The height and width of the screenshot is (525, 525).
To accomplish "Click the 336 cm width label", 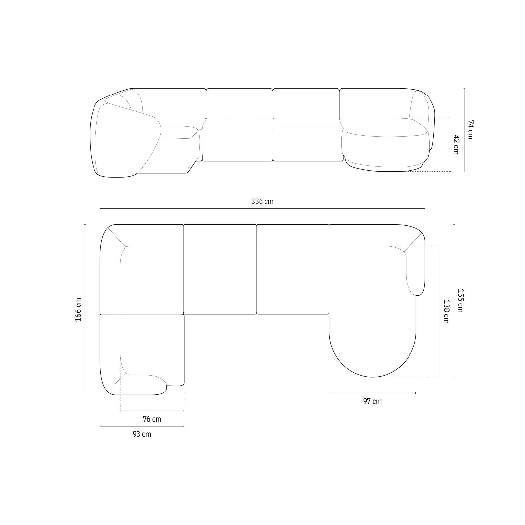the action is click(x=262, y=201).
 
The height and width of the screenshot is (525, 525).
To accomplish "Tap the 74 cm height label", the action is click(x=470, y=130).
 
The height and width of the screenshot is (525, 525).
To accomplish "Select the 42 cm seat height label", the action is click(x=456, y=144).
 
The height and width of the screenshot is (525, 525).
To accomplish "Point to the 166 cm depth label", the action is click(x=78, y=309).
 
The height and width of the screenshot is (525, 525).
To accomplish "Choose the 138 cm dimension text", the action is click(x=446, y=311).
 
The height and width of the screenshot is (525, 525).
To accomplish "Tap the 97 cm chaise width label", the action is click(x=372, y=401).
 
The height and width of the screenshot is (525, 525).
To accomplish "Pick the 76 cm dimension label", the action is click(x=152, y=419).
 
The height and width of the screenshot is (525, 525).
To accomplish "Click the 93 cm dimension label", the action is click(x=142, y=434).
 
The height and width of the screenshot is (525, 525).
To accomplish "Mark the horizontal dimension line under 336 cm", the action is click(x=262, y=209).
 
